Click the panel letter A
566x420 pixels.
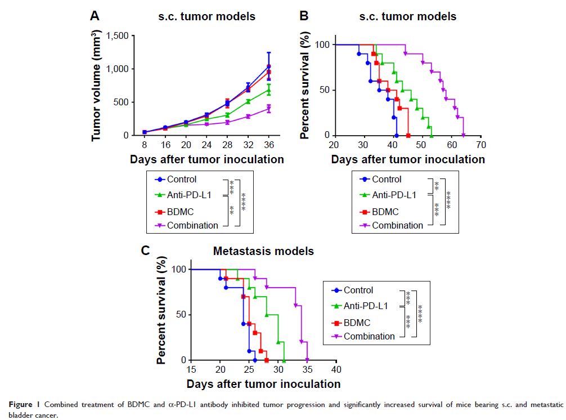pyautogui.click(x=95, y=16)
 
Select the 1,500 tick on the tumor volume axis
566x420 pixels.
pyautogui.click(x=117, y=36)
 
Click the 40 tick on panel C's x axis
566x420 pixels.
pyautogui.click(x=336, y=369)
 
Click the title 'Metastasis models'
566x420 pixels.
pyautogui.click(x=263, y=251)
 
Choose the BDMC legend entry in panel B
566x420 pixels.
pyautogui.click(x=385, y=212)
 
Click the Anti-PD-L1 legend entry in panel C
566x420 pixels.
pyautogui.click(x=369, y=306)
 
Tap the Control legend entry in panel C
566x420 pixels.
pyautogui.click(x=358, y=291)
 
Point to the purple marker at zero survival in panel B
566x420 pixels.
pyautogui.click(x=463, y=135)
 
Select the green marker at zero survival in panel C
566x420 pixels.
pyautogui.click(x=284, y=360)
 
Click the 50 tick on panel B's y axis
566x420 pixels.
pyautogui.click(x=323, y=90)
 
